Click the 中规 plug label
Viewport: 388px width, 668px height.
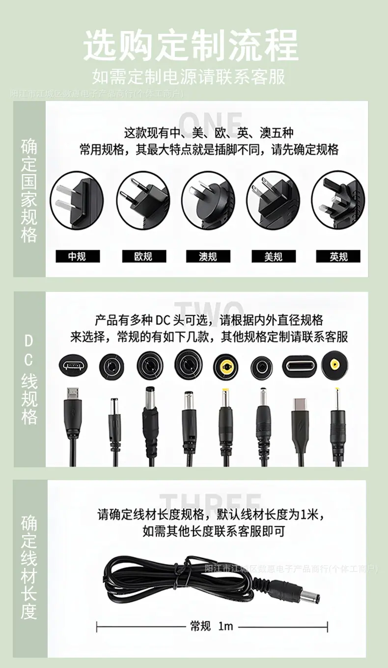click(77, 257)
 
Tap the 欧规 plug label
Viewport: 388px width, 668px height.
click(143, 257)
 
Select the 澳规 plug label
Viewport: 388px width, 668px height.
click(208, 257)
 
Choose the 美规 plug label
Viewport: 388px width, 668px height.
click(273, 257)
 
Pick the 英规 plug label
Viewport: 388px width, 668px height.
click(338, 257)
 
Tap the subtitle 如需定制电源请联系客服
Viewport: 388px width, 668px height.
click(189, 77)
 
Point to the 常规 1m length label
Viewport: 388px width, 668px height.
click(212, 626)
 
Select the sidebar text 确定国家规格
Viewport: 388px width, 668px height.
click(29, 191)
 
